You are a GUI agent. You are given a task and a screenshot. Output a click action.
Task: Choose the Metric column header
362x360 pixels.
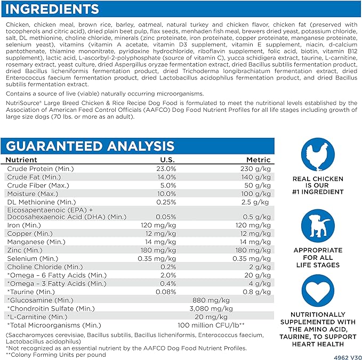[258, 160]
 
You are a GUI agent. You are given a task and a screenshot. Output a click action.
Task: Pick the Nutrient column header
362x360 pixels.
[22, 160]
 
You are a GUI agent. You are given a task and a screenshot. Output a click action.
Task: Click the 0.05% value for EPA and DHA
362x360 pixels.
[166, 217]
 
